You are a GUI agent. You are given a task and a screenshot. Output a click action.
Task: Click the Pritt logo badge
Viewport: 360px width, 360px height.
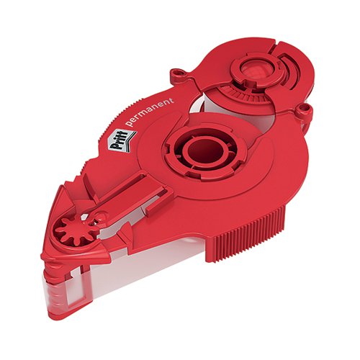(122, 140)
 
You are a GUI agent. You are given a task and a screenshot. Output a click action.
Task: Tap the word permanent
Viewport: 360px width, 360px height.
(150, 112)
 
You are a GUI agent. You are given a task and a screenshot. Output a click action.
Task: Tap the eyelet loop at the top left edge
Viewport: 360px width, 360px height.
(179, 73)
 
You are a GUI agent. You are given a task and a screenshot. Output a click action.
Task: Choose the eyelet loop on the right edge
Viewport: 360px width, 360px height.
(303, 110)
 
